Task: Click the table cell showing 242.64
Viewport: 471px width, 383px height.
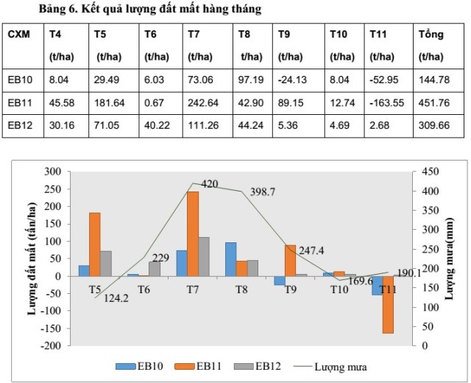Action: tap(202, 102)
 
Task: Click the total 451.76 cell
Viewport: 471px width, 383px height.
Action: tap(433, 102)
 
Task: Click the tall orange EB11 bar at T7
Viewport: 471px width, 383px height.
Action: tap(193, 233)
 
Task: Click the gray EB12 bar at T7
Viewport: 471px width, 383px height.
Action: tap(204, 256)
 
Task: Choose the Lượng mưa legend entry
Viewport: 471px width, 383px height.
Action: tap(334, 365)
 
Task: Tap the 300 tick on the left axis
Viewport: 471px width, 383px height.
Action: tap(52, 171)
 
